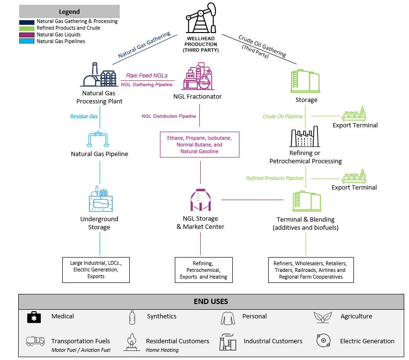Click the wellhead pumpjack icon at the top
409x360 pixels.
200,19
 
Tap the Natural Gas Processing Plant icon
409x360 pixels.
100,76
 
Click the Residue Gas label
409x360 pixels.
84,116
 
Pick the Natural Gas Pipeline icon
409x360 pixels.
100,138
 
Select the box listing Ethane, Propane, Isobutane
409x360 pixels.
199,145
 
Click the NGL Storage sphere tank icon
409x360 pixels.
200,200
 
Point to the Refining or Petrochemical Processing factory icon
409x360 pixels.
305,137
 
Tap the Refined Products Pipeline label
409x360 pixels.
275,178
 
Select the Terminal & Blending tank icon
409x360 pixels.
306,201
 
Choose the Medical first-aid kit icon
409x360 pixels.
34,316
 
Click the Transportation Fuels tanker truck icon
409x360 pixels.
35,341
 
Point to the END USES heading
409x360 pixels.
211,302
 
